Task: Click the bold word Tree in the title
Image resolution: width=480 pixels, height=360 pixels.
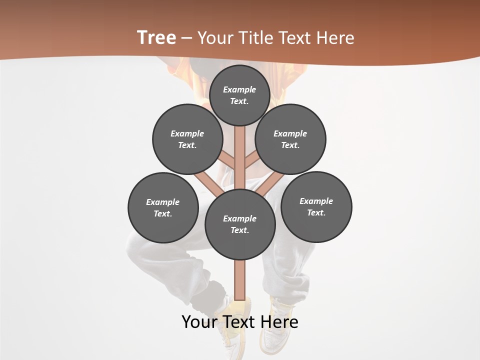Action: pyautogui.click(x=156, y=37)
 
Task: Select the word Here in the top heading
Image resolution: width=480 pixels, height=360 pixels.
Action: pyautogui.click(x=335, y=38)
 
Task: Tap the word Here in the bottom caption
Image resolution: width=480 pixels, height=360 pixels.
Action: pyautogui.click(x=279, y=322)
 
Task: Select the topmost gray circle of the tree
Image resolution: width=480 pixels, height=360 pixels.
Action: pyautogui.click(x=239, y=95)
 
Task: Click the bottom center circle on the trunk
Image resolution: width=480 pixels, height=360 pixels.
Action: pyautogui.click(x=240, y=224)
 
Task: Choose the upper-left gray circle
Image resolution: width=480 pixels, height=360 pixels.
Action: pyautogui.click(x=187, y=139)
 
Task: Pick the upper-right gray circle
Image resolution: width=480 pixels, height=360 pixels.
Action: pyautogui.click(x=290, y=139)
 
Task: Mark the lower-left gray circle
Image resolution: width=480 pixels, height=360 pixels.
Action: pyautogui.click(x=163, y=207)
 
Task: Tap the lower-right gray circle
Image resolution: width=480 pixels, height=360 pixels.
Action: pyautogui.click(x=316, y=206)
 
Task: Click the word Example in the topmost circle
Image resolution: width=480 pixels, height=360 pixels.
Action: pyautogui.click(x=239, y=90)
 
